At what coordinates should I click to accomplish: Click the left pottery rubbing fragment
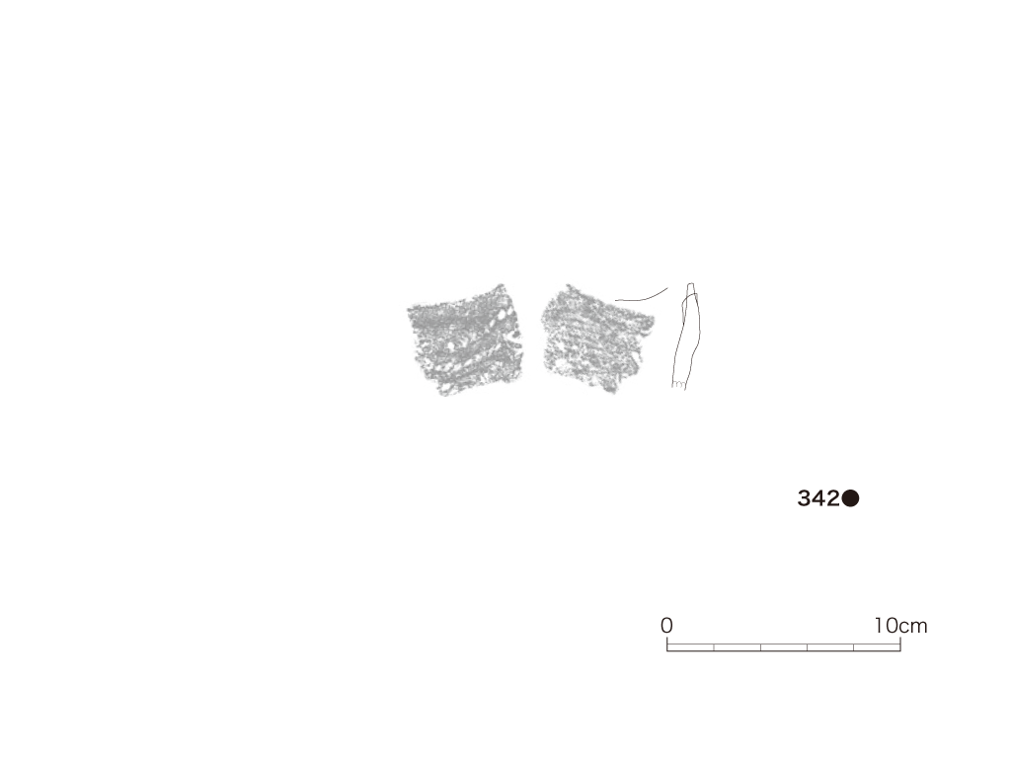coord(464,340)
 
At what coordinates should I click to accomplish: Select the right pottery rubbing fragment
coord(597,340)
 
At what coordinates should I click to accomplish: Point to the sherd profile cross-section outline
coord(685,336)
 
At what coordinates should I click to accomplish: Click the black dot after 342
coord(850,498)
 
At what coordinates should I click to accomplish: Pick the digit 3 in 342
coord(805,498)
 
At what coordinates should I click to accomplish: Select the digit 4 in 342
coord(818,498)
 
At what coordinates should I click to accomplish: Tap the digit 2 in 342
coord(833,498)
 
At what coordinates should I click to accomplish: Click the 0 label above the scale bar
coord(666,625)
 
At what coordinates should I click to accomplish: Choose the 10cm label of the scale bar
coord(900,625)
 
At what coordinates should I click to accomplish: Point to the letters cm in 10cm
coord(913,627)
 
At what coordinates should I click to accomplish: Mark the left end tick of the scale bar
coord(667,644)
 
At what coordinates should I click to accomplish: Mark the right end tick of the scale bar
coord(900,644)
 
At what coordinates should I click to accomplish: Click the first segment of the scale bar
coord(690,647)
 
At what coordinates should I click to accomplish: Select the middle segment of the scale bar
coord(784,647)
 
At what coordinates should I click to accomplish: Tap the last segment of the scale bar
coord(877,647)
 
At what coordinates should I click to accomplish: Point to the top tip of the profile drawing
coord(690,283)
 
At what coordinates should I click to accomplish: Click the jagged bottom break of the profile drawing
coord(678,386)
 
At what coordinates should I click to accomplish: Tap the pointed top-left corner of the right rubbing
coord(568,285)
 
